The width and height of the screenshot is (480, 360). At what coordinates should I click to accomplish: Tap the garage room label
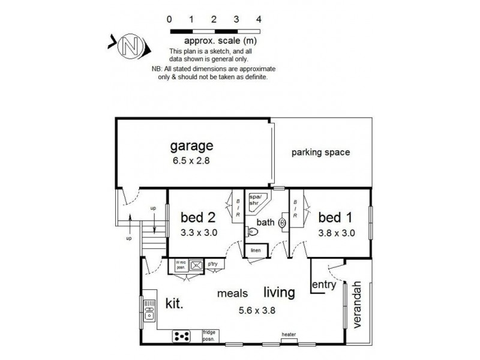click(x=191, y=146)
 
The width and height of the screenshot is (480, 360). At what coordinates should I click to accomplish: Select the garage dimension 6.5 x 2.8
click(x=191, y=160)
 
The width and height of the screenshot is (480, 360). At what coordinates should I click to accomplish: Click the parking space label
click(x=320, y=152)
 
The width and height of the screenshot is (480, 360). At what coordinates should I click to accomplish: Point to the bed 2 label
click(x=198, y=216)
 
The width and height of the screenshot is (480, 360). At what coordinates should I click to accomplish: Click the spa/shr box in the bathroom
click(x=257, y=199)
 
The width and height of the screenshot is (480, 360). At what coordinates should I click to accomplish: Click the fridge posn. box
click(x=209, y=335)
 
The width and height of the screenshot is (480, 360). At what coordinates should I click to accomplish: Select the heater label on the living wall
click(x=289, y=335)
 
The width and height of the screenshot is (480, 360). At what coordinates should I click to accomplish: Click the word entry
click(x=325, y=286)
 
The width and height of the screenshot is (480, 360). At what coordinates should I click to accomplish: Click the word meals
click(x=234, y=294)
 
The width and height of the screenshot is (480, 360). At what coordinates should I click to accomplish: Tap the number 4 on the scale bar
click(x=259, y=19)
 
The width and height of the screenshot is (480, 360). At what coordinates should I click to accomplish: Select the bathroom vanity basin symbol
click(x=283, y=223)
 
